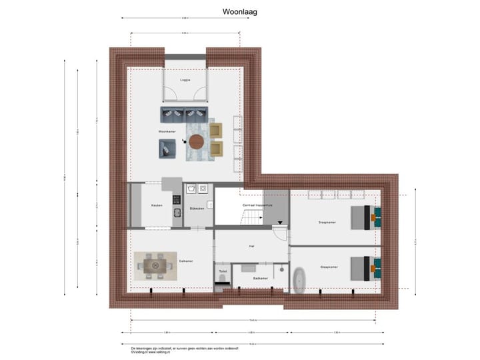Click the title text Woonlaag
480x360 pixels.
(x=240, y=11)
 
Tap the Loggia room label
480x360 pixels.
(x=185, y=80)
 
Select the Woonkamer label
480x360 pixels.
(x=166, y=132)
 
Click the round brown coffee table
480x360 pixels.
(x=197, y=141)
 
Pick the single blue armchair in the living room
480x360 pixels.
(x=167, y=151)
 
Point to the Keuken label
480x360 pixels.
(x=157, y=205)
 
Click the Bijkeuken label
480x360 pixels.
(x=197, y=209)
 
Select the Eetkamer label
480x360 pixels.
(x=186, y=261)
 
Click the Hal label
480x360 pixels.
(x=251, y=246)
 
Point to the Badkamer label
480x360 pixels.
(x=260, y=278)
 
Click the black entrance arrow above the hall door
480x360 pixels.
(x=280, y=223)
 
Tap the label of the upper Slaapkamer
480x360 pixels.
(x=327, y=223)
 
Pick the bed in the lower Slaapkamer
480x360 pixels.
(x=363, y=267)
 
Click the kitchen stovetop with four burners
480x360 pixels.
(x=177, y=199)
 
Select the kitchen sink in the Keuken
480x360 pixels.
(x=177, y=213)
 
